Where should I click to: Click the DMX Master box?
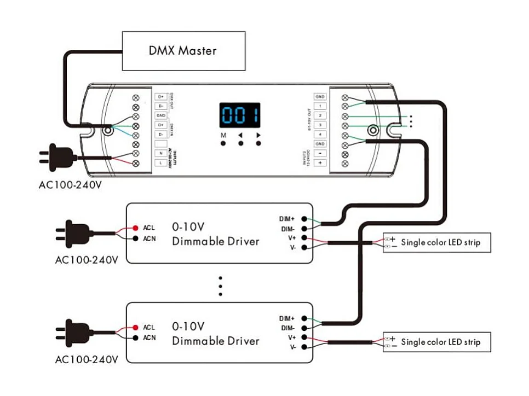[x=183, y=51]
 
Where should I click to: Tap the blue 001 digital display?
[x=240, y=115]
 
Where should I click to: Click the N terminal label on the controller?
[x=160, y=153]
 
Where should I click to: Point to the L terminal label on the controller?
[x=160, y=163]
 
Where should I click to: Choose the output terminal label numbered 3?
[x=320, y=125]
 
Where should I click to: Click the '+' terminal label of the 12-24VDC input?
[x=320, y=162]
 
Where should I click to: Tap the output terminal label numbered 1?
[x=320, y=106]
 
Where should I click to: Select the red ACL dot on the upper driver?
[x=135, y=227]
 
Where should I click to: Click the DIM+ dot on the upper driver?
[x=304, y=219]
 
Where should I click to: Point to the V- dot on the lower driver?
[x=304, y=347]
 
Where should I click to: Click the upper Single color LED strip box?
[x=436, y=242]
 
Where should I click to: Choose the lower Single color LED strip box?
[x=436, y=342]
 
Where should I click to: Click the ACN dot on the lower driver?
[x=135, y=337]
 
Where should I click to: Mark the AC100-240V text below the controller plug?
[x=70, y=184]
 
